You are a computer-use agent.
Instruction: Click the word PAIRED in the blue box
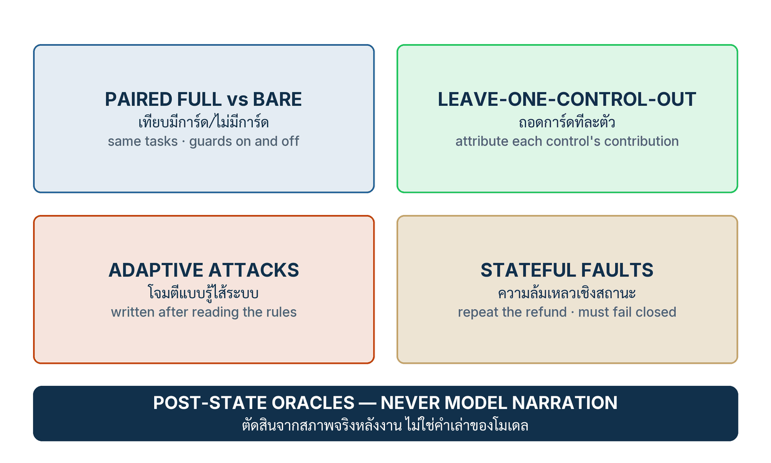pos(139,99)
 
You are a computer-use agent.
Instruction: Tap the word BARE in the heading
pos(277,99)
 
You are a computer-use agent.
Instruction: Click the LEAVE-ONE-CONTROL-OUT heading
pos(567,99)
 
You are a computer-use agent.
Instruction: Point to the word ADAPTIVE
pos(155,270)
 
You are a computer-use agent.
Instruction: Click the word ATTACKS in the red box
pos(254,270)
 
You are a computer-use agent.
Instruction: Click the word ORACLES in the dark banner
pos(313,403)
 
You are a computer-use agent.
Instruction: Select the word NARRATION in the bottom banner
pos(564,403)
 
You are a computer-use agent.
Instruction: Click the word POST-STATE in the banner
pos(210,403)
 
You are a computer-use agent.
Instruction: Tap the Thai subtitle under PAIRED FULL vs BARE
pos(203,121)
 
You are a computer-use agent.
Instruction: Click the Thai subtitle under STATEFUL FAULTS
pos(567,293)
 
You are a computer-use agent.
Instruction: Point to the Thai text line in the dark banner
pos(385,425)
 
